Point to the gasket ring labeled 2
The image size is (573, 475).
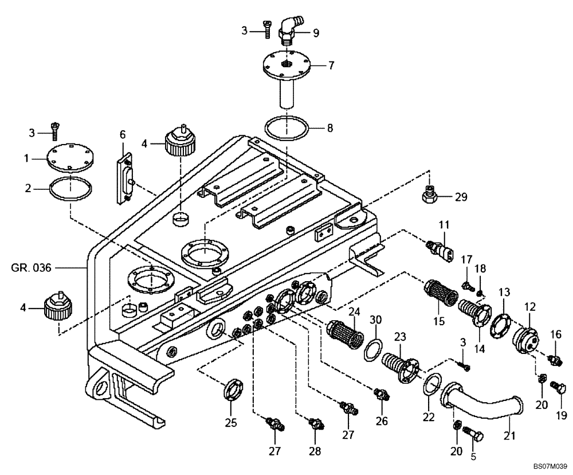(x=70, y=187)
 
